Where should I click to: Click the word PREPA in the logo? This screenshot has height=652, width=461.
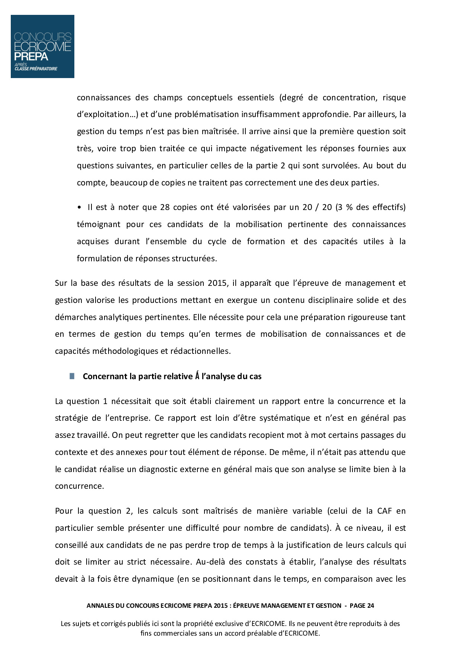(x=31, y=57)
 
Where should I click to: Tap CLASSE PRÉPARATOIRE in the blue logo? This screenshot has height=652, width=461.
(x=36, y=69)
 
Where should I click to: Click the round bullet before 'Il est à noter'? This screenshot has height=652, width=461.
(x=79, y=207)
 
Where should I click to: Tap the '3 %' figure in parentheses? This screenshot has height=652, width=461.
(x=346, y=207)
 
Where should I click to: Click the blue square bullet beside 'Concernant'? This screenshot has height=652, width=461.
(x=72, y=376)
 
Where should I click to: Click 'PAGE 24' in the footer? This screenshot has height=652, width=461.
(x=362, y=606)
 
